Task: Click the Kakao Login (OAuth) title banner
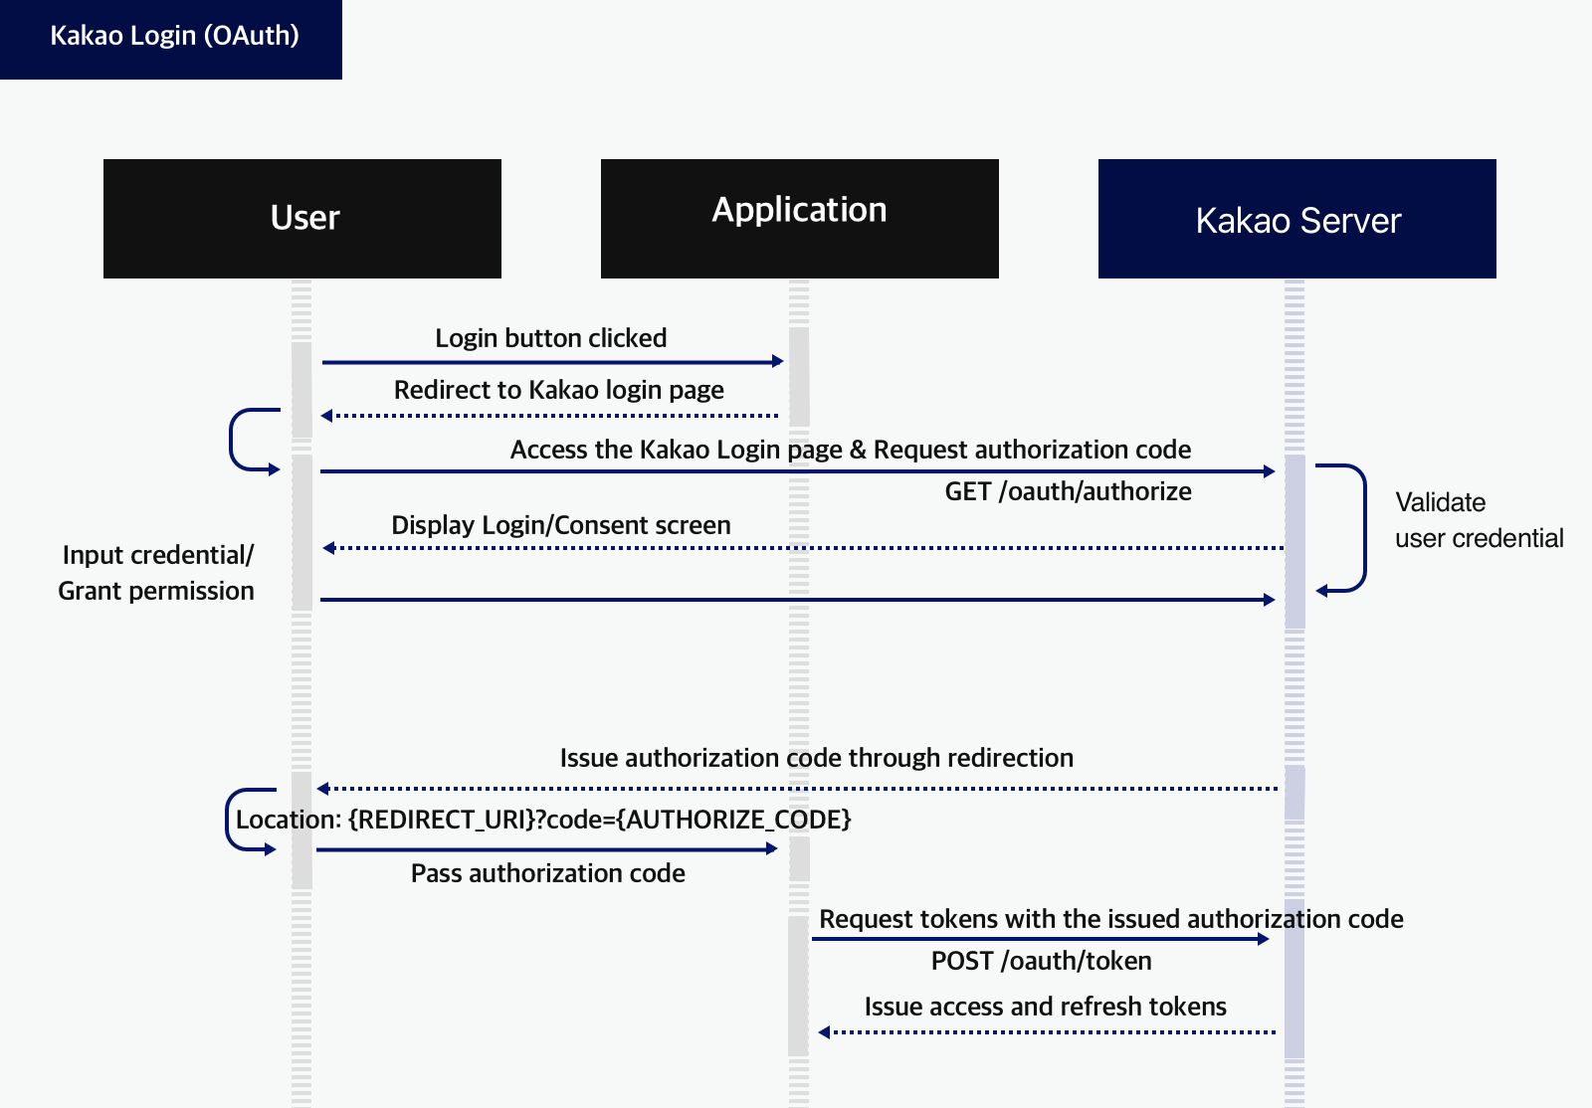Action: (171, 38)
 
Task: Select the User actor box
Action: (302, 218)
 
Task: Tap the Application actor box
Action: (799, 218)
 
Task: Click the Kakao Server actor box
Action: (1296, 219)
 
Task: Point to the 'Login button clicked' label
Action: (550, 338)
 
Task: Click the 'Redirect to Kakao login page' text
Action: (558, 390)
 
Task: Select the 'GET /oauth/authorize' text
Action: (1068, 491)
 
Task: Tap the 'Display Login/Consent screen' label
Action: (560, 525)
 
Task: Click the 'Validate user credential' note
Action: (1478, 520)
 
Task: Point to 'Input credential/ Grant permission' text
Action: (156, 573)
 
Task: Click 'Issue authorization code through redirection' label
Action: (816, 758)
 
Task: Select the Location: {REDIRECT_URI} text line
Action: (543, 820)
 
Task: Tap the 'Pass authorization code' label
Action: (547, 873)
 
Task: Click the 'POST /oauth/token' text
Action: (1041, 961)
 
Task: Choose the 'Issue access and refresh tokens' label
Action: (1045, 1007)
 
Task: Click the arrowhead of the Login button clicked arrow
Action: (778, 361)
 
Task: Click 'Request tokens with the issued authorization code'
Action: (1110, 919)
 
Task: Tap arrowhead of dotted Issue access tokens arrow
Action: (824, 1032)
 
